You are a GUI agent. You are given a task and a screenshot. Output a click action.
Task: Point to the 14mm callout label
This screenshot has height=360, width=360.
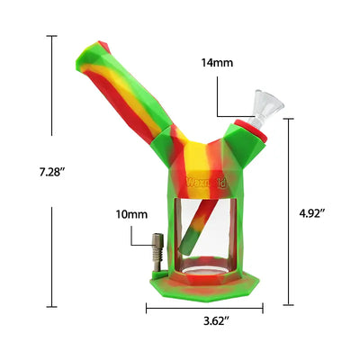tap(216, 64)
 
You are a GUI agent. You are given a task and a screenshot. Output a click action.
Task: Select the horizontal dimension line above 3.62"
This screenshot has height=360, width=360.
tap(204, 306)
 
